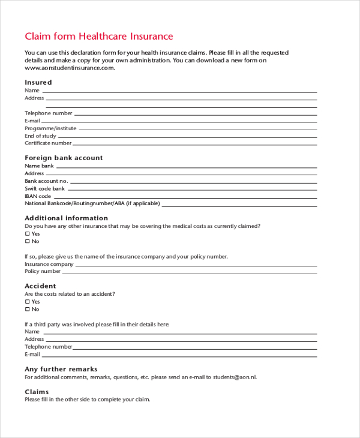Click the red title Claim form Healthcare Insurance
98,37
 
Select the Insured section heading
38,82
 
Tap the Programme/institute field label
50,128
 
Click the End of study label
40,136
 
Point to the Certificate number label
48,143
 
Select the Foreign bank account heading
64,158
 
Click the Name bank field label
39,166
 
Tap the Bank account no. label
46,181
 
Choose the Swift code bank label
44,189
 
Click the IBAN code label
38,196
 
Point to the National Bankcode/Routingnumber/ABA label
92,203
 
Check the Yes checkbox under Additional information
27,234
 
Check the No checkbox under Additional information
27,242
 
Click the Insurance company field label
49,264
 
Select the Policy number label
43,272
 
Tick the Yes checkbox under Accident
27,302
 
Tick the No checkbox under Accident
27,310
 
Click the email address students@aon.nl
238,377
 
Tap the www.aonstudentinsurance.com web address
70,68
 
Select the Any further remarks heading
61,369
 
